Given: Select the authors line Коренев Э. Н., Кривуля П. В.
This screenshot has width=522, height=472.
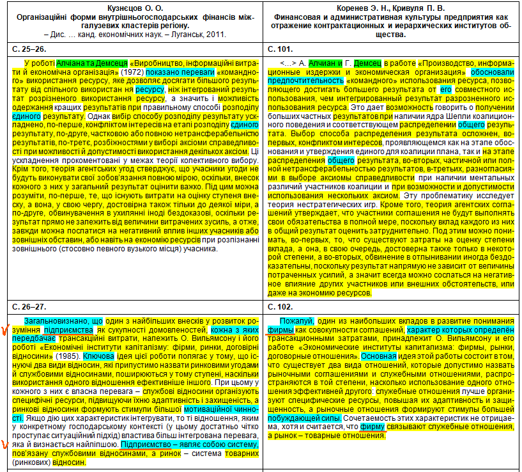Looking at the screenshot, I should click(392, 6).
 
